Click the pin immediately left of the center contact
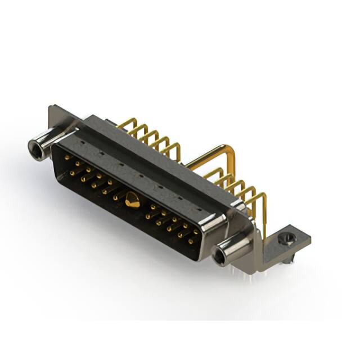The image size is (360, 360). point(115,197)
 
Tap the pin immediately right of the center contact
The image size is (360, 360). point(152,207)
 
